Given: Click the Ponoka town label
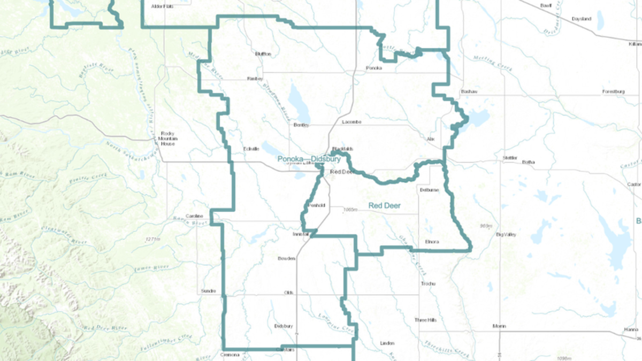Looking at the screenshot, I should [x=373, y=68].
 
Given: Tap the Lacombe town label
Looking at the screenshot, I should [x=351, y=122].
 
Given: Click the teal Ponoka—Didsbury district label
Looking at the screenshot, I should [x=309, y=159].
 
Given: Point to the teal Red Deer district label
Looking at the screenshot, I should [x=384, y=205].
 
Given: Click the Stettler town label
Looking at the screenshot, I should [x=510, y=158].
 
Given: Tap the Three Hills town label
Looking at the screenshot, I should [x=425, y=320].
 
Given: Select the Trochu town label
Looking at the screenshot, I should [x=429, y=283].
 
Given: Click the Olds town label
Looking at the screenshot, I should [x=289, y=293].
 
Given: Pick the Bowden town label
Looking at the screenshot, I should [x=286, y=258].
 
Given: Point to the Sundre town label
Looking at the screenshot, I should [x=208, y=290].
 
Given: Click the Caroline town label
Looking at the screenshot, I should [x=194, y=216].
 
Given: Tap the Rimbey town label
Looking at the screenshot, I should [x=255, y=79].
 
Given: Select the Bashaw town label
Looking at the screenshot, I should [x=468, y=92].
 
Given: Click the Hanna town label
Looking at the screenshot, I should [x=631, y=330].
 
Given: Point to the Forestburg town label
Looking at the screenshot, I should [x=613, y=92].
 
